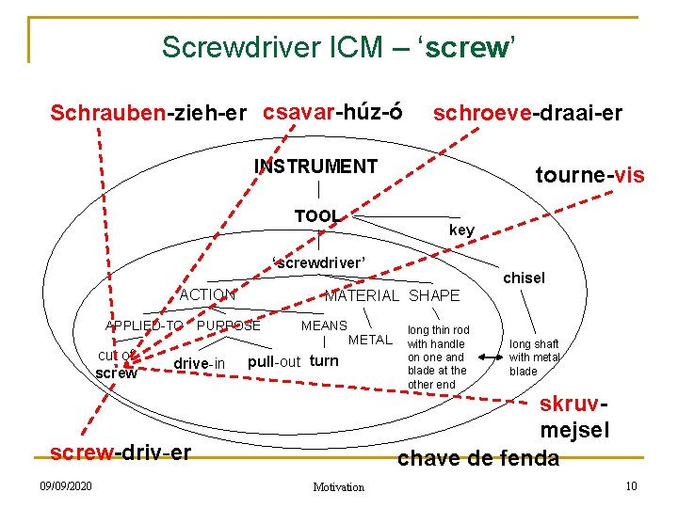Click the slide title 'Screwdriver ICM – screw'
coord(338,47)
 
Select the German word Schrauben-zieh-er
coord(149,114)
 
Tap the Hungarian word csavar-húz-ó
coord(332,112)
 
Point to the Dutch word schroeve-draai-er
coord(526,114)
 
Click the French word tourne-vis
coord(589,175)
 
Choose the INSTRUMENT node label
coord(315,167)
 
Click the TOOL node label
coord(316,216)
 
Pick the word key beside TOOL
coord(461,230)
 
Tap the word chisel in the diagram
coord(524,278)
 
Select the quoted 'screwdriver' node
coord(318,262)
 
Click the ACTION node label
coord(207,294)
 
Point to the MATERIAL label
coord(362,295)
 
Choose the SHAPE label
coord(434,295)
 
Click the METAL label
coord(370,340)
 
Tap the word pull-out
coord(273,362)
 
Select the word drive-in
coord(200,364)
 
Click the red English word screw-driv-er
coord(121,452)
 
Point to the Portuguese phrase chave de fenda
coord(478,458)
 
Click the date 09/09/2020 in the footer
coord(66,485)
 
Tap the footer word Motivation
coord(338,486)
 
